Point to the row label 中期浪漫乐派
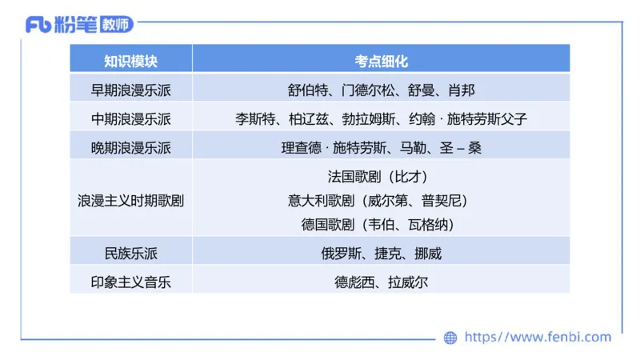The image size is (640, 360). [130, 119]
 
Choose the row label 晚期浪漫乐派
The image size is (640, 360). [130, 148]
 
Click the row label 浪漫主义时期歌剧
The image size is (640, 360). [130, 201]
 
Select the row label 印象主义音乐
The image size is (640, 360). [130, 282]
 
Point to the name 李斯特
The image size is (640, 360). [254, 119]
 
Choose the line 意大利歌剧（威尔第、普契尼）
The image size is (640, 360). [382, 201]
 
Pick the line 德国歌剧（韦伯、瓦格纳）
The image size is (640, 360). [382, 225]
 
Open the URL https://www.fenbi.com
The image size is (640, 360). [538, 338]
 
